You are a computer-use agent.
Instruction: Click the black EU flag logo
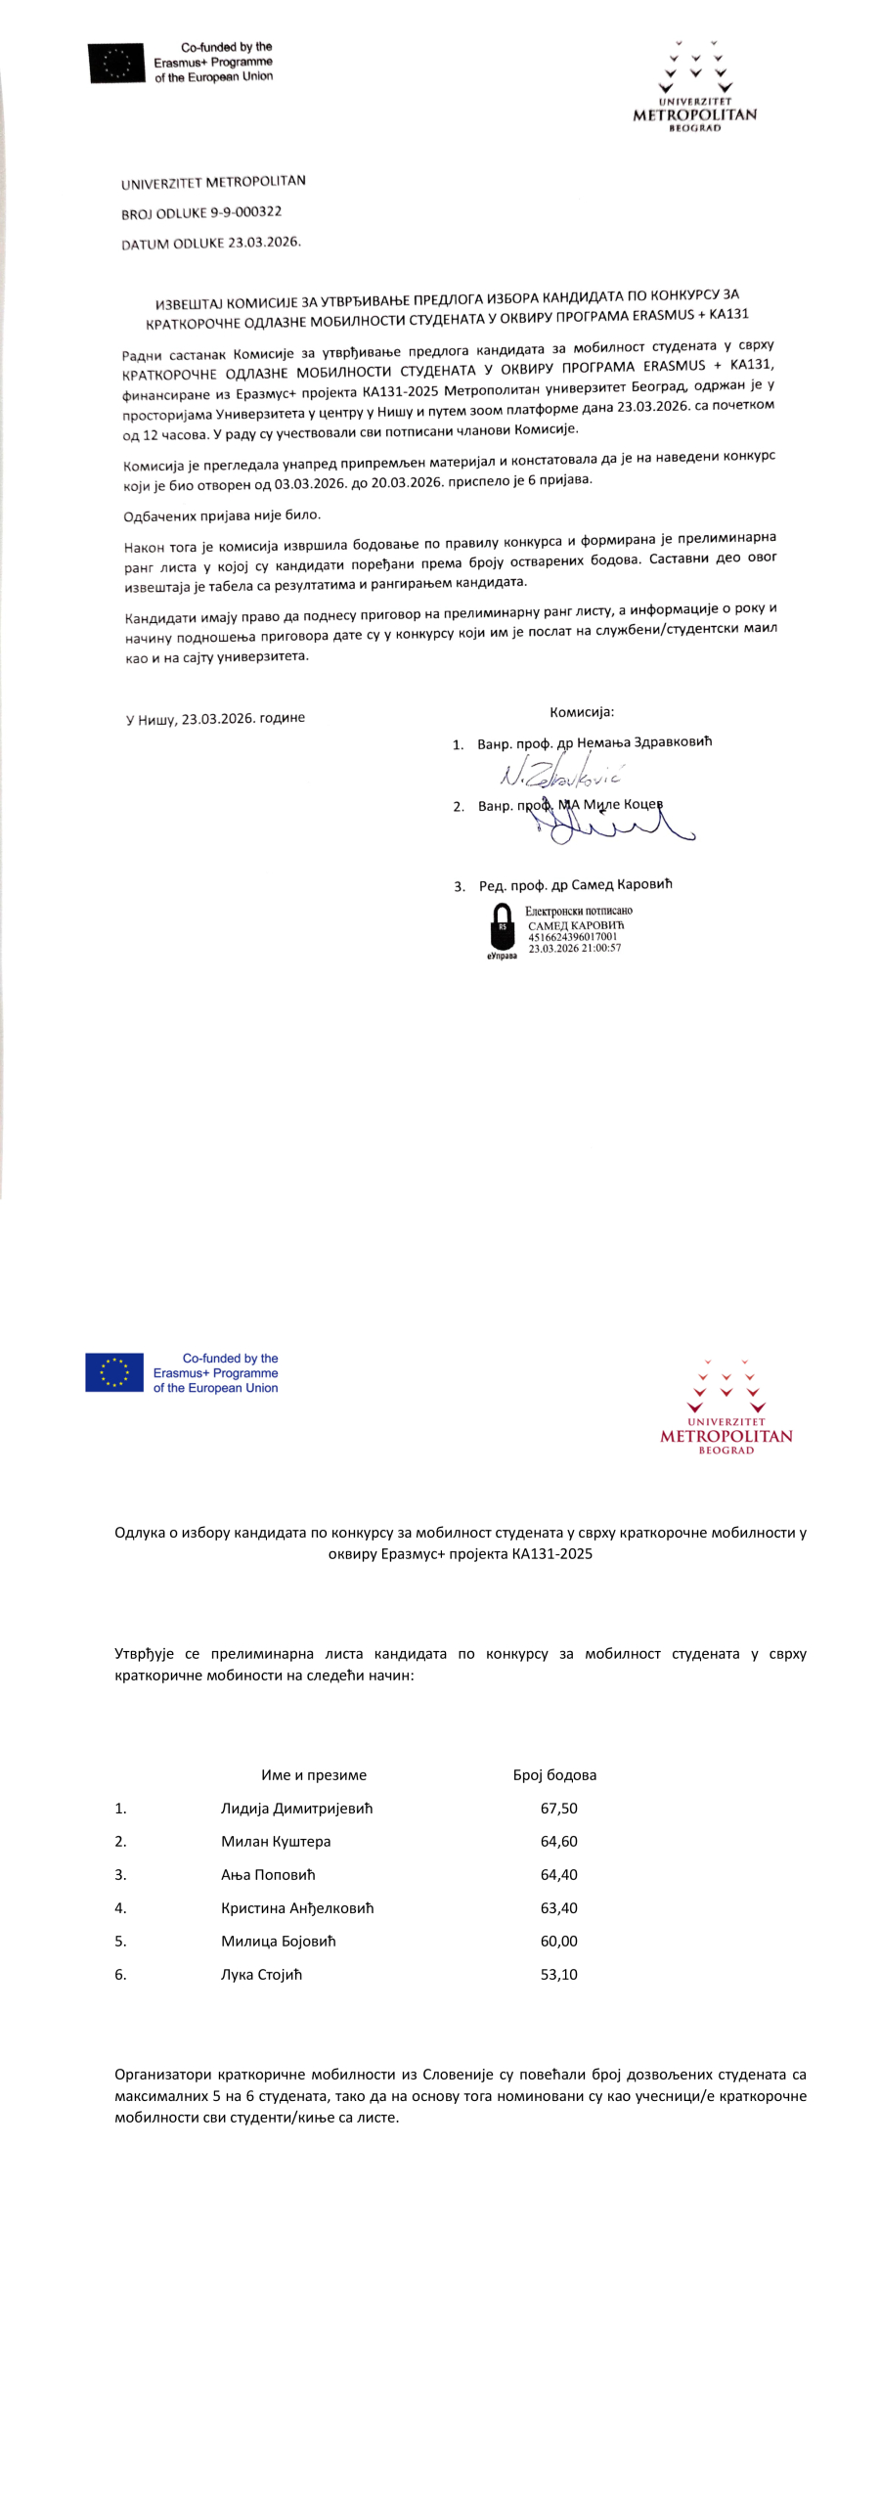(116, 63)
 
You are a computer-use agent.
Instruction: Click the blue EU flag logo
(114, 1372)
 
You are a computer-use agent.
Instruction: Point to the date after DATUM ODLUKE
(264, 242)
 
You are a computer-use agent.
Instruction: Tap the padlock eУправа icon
(502, 928)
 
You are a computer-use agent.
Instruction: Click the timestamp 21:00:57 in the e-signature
(597, 948)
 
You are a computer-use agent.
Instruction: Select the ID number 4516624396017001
(573, 936)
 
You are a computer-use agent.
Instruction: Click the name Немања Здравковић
(644, 741)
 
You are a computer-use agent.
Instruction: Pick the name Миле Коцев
(623, 804)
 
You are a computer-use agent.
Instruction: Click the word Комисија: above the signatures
(582, 712)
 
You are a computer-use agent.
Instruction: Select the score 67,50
(558, 1809)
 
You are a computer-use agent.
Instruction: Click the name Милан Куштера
(276, 1842)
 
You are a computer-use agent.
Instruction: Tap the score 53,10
(558, 1975)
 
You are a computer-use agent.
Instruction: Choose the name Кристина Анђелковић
(297, 1908)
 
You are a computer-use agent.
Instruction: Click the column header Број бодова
(554, 1775)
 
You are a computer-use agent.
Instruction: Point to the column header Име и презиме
(314, 1775)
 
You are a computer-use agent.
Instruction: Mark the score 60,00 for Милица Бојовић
(558, 1942)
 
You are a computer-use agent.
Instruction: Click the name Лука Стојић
(261, 1975)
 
